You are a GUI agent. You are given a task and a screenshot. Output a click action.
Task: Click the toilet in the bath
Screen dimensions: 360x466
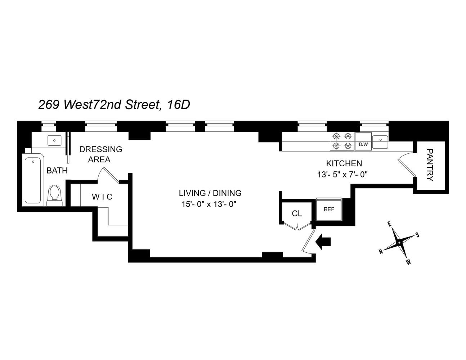[55, 195]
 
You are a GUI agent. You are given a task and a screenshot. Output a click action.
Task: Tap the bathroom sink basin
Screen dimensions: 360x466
[54, 140]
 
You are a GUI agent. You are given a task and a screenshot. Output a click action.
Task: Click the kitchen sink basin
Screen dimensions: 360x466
[380, 142]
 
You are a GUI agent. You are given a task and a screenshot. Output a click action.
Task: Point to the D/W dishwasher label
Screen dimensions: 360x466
[363, 145]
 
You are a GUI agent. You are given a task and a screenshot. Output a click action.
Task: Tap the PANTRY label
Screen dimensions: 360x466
[430, 165]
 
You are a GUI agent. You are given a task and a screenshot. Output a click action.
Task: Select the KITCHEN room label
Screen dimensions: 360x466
[344, 164]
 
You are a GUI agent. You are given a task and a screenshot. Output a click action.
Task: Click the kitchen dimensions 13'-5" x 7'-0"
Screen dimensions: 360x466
[342, 175]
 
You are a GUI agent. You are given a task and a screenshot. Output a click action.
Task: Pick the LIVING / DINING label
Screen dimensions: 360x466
[210, 193]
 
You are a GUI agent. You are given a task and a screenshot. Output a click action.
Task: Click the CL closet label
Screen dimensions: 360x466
[297, 213]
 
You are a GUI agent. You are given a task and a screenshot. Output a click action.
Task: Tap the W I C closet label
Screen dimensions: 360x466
[102, 197]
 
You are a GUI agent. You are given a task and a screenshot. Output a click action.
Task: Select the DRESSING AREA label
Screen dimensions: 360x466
[100, 154]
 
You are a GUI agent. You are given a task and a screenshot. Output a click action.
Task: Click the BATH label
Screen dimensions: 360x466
[57, 171]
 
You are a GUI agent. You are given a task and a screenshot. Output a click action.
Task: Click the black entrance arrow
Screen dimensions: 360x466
[323, 242]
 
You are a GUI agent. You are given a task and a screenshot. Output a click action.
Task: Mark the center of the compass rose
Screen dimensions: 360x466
[399, 243]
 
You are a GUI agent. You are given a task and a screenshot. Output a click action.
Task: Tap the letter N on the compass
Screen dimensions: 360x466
[381, 252]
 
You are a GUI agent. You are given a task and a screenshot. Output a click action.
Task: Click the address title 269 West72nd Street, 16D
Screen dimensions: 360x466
[114, 104]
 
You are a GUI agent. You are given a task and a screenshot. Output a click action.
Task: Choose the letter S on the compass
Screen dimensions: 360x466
[417, 235]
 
